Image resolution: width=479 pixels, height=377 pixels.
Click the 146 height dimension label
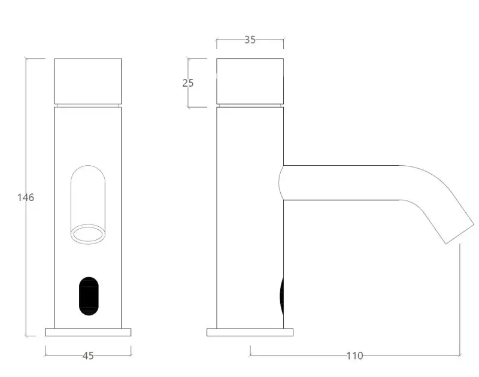pos(26,197)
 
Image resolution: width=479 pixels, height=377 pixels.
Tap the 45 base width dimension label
pos(88,355)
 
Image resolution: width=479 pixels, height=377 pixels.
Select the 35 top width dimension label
pos(250,40)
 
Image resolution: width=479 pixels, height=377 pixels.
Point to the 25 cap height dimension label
pos(188,83)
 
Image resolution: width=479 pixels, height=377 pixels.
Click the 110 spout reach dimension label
pos(354,355)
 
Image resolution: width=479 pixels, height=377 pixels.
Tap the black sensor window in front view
pos(88,296)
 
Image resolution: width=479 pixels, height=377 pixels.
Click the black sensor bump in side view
pos(281,296)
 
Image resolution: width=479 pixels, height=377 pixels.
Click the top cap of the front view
pos(88,81)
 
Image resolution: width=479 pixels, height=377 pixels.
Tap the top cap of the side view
pos(250,81)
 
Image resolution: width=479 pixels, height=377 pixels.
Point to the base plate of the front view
pos(88,332)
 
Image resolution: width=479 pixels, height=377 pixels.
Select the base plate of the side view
pos(250,332)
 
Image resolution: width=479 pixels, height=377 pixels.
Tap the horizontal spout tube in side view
pos(341,183)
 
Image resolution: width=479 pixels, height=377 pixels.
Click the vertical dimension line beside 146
pos(26,269)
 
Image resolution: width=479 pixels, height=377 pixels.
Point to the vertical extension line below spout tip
pos(460,299)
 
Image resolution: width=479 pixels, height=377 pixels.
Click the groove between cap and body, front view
pos(88,105)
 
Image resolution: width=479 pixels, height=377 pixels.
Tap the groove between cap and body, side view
pos(250,105)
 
